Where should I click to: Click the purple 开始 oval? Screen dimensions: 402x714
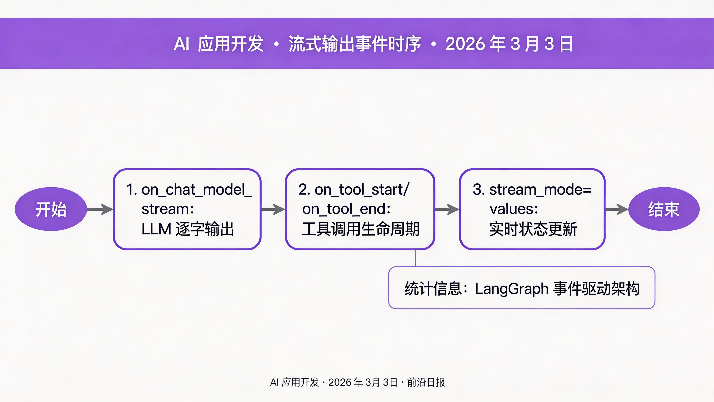51,209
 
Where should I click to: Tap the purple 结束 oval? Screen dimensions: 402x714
664,209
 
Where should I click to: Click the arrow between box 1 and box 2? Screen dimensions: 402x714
273,209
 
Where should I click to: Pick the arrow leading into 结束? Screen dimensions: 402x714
616,209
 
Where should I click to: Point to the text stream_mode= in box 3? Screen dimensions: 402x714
540,190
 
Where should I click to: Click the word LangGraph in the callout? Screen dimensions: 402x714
511,289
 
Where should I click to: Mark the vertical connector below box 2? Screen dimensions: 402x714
415,258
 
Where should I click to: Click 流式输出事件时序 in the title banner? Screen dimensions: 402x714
355,44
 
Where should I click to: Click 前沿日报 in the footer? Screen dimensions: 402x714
426,382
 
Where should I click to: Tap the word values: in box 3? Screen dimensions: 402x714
514,209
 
